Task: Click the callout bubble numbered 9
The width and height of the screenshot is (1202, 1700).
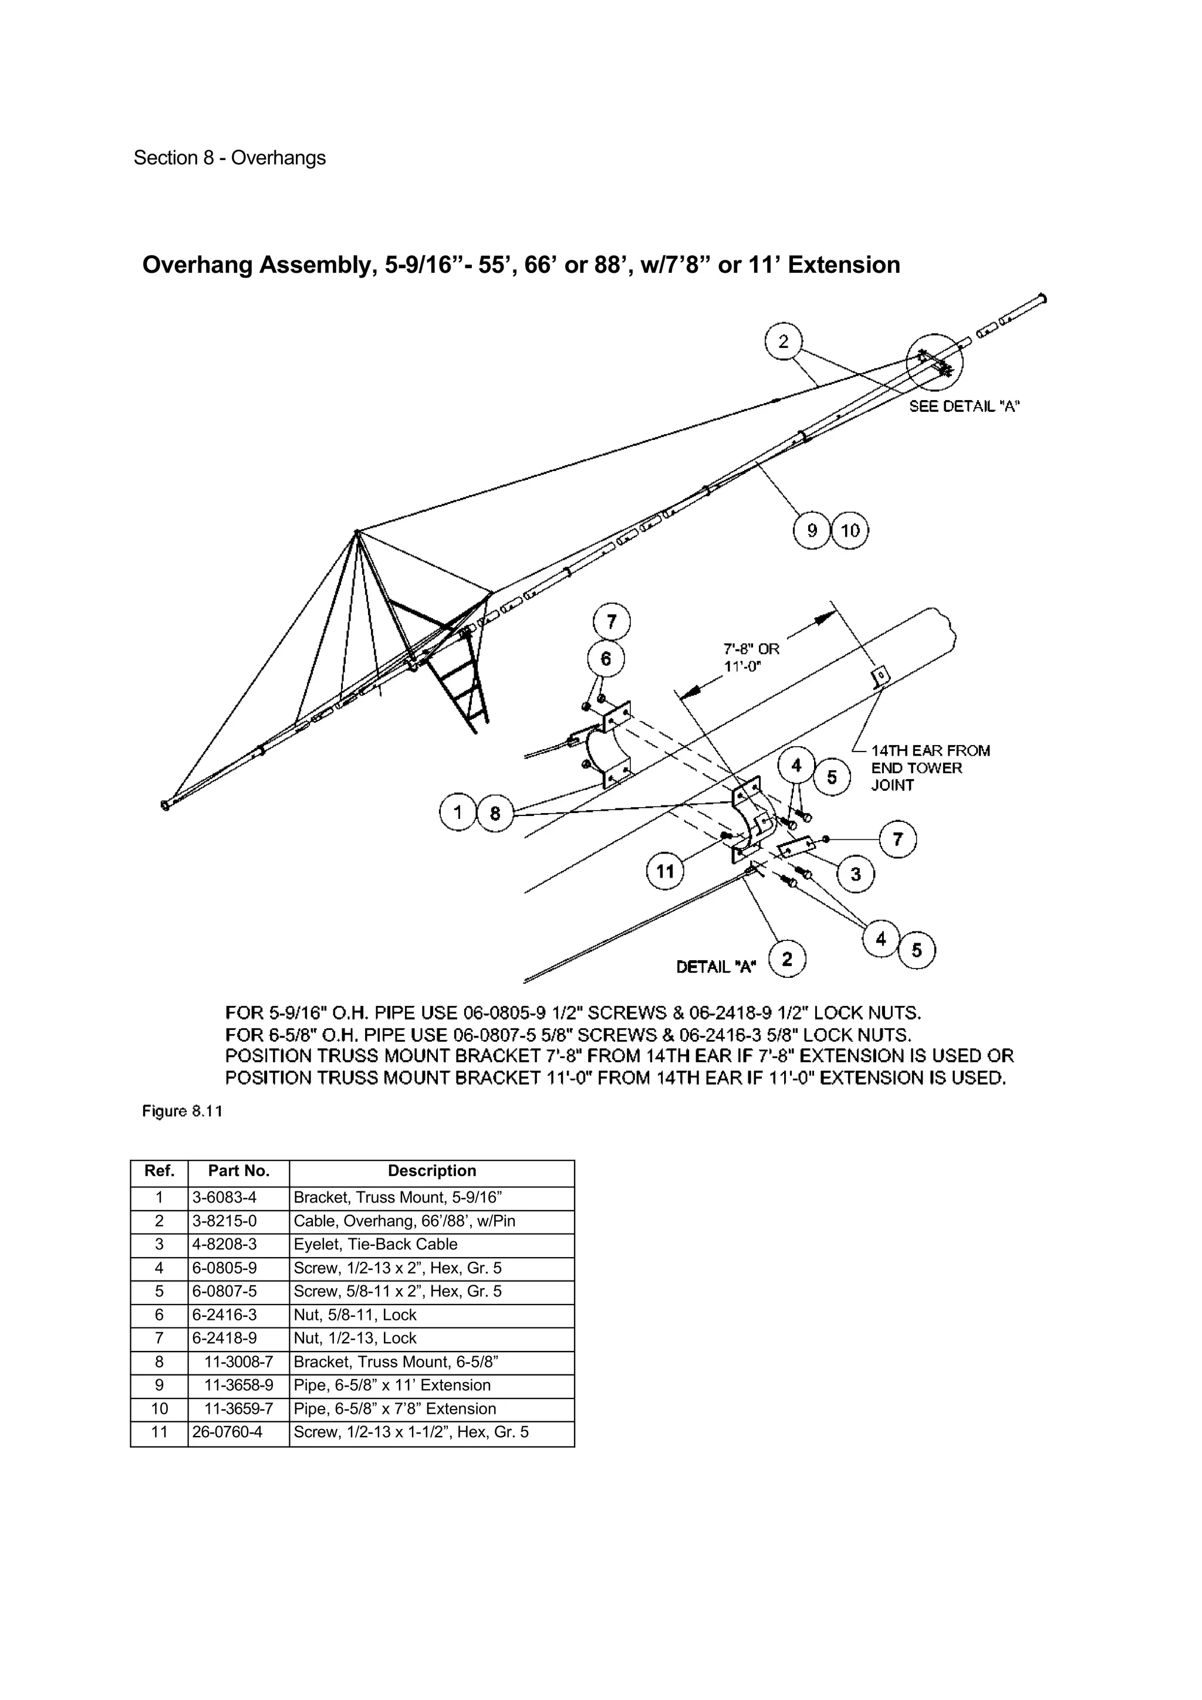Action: coord(812,530)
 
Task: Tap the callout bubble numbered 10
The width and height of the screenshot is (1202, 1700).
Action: coord(850,530)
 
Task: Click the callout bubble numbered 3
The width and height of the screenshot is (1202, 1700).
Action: coord(855,875)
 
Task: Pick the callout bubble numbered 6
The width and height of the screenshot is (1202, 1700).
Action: coord(606,658)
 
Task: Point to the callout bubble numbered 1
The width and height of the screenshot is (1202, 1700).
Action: coord(458,813)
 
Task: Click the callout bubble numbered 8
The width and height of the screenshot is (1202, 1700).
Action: coord(495,814)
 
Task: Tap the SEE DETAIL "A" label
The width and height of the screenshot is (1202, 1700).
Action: coord(964,407)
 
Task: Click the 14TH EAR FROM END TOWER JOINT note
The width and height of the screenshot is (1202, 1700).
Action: coord(930,768)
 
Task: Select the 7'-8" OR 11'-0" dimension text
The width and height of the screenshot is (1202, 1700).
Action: coord(751,657)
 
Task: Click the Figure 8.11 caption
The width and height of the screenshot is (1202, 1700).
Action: coord(182,1112)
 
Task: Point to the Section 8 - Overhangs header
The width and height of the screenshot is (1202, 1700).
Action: coord(229,158)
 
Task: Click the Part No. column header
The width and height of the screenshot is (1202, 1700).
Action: coord(238,1171)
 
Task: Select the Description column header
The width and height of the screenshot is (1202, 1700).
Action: coord(432,1171)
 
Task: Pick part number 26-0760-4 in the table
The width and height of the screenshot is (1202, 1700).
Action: coord(227,1432)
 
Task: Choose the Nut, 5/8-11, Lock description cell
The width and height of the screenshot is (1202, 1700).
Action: coord(354,1315)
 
